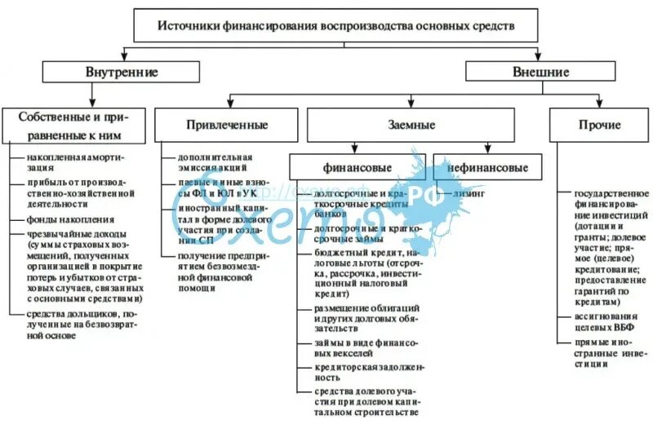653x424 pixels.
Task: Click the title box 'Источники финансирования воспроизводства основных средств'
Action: (x=335, y=26)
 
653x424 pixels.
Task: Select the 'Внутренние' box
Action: (x=122, y=72)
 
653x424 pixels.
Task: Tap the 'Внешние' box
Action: (x=540, y=72)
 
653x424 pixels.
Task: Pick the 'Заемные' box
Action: (x=410, y=126)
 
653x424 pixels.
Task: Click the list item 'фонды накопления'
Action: (x=69, y=220)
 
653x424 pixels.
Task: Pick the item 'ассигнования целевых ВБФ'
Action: (x=603, y=320)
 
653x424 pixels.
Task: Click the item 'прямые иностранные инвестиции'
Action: (x=605, y=351)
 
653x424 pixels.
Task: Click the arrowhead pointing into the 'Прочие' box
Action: (x=597, y=107)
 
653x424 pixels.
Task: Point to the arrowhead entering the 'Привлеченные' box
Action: (x=228, y=107)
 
